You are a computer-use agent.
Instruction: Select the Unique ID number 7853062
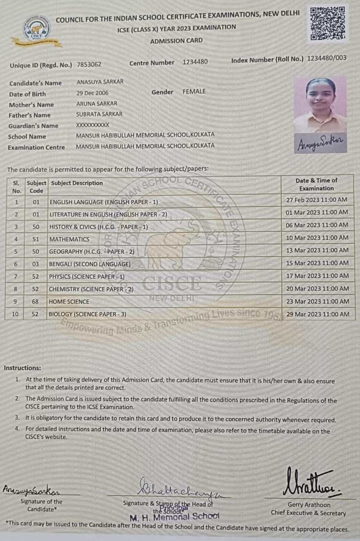click(89, 64)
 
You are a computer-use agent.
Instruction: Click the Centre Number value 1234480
click(195, 62)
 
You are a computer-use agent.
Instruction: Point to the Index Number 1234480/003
click(327, 58)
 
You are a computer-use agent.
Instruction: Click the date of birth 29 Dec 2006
click(92, 93)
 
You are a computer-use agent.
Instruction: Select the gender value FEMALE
click(194, 92)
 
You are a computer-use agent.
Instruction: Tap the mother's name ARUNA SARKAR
click(96, 104)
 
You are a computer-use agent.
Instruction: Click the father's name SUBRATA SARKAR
click(99, 114)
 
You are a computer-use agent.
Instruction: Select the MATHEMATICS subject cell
click(69, 239)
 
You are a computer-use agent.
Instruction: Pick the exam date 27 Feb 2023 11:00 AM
click(317, 200)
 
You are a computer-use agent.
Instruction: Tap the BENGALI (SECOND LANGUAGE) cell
click(89, 264)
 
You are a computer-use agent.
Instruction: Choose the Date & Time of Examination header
click(316, 184)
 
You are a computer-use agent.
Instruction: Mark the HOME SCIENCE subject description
click(69, 302)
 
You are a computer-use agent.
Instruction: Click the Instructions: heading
click(22, 368)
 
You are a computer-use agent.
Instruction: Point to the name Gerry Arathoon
click(309, 505)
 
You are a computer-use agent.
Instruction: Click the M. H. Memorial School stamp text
click(174, 516)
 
